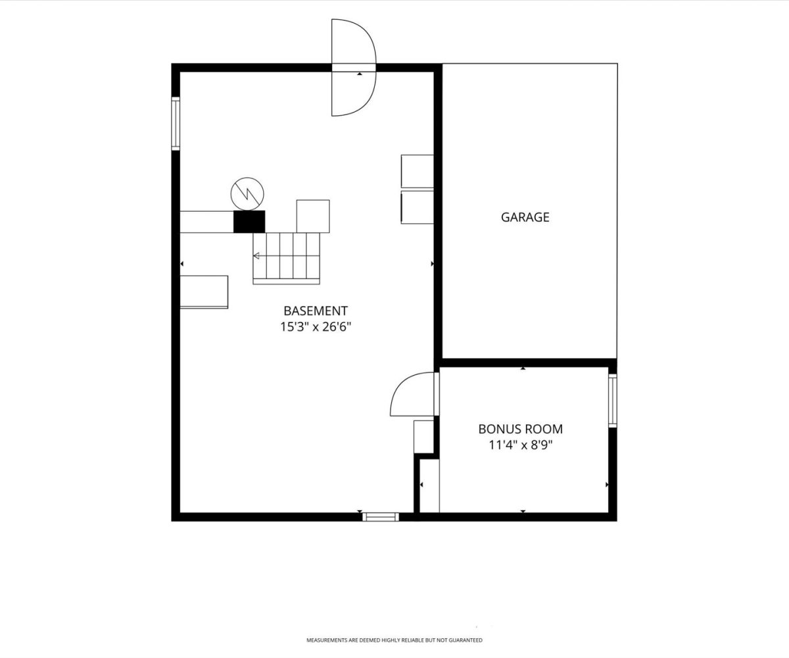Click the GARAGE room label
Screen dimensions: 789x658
tap(525, 217)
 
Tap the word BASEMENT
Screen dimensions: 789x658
tap(316, 311)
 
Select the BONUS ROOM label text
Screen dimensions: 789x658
tap(520, 429)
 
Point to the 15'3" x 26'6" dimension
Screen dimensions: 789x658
tap(316, 327)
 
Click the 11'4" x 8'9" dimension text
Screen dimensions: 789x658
tap(520, 445)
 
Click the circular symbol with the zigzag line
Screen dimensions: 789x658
tap(247, 193)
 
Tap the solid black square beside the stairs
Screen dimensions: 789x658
tap(249, 222)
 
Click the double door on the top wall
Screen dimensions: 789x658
tap(375, 67)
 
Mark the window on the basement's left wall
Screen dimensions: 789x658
tap(176, 124)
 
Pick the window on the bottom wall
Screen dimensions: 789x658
tap(381, 517)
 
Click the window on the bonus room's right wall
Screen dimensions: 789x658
tap(613, 401)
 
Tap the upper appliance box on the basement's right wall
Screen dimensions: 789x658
tap(417, 171)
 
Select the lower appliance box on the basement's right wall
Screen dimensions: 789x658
tap(417, 207)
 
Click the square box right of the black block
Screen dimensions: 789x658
tap(313, 216)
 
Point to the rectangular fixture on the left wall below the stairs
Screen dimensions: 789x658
tap(204, 292)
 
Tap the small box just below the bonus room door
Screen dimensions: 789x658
tap(423, 436)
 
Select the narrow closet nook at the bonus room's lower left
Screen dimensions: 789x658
tap(429, 486)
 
